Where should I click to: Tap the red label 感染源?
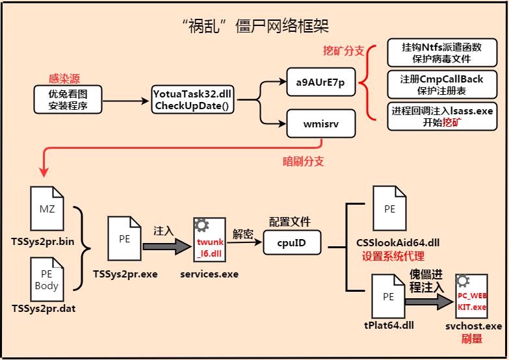65,79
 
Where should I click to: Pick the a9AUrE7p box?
321,83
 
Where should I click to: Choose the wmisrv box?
321,123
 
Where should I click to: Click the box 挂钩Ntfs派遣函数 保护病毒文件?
434,52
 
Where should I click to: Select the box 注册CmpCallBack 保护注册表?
434,84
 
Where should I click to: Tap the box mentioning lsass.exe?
434,116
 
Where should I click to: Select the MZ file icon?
47,208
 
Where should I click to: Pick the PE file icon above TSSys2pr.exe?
125,239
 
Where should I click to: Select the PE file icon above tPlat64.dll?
389,296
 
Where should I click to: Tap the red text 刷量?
472,339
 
